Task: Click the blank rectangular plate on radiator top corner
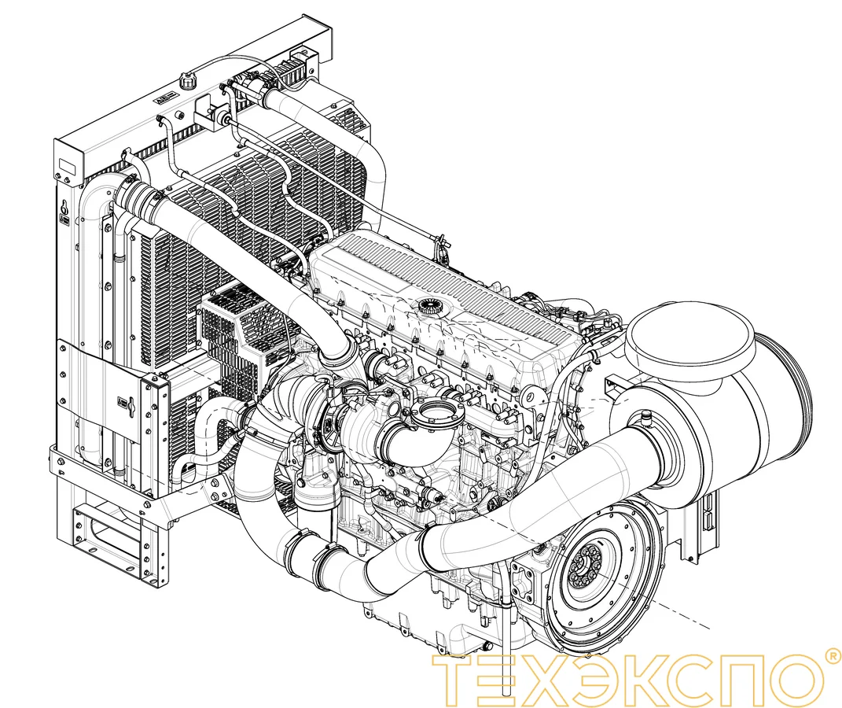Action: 68,165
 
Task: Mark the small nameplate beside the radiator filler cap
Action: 162,102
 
